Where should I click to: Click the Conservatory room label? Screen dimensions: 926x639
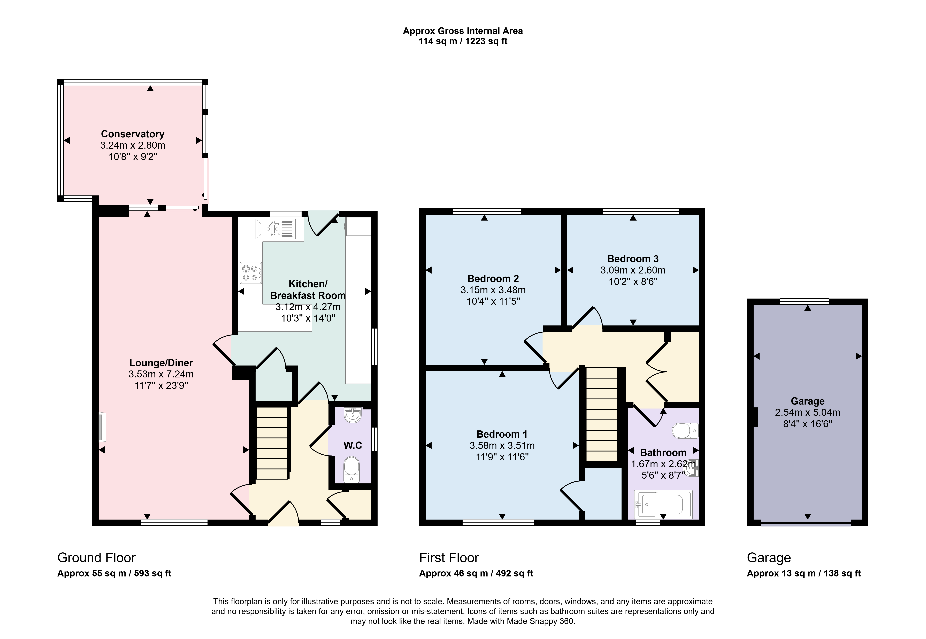133,134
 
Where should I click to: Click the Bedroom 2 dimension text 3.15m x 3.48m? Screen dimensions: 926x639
493,290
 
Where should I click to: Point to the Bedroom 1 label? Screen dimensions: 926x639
502,434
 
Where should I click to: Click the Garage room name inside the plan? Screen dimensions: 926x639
807,401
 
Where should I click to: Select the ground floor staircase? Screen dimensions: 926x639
272,443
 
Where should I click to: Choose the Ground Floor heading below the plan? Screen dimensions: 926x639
96,558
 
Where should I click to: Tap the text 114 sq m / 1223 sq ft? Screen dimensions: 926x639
463,41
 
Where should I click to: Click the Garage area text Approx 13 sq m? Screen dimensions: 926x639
781,573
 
